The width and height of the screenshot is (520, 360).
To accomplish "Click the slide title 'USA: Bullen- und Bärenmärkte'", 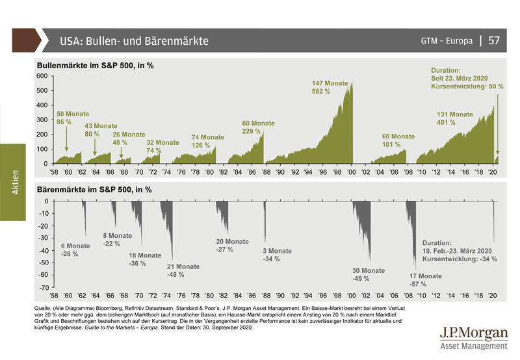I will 134,41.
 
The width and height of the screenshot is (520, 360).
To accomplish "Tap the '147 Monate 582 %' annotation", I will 330,88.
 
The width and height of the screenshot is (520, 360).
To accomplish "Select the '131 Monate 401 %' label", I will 454,118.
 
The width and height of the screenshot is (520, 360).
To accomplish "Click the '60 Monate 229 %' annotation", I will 259,127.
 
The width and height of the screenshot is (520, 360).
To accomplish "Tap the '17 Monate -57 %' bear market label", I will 426,279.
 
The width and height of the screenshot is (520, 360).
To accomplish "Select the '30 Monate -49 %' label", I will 369,274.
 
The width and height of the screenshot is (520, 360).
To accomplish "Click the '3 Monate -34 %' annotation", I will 277,255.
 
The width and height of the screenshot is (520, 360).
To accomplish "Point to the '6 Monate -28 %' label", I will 75,250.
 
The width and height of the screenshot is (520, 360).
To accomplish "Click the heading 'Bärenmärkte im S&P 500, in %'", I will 94,190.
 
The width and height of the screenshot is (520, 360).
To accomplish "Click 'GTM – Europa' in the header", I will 447,41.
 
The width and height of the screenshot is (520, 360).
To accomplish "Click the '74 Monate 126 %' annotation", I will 207,141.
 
